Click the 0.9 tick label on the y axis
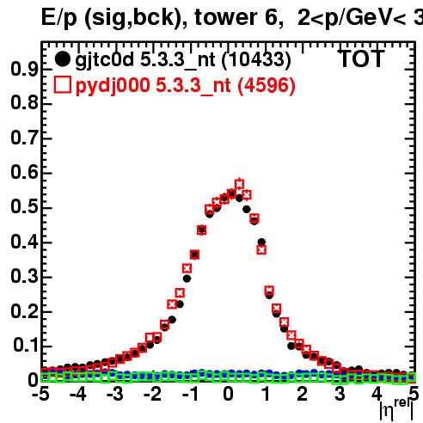pyautogui.click(x=24, y=69)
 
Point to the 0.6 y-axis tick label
pyautogui.click(x=24, y=173)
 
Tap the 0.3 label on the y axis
pyautogui.click(x=24, y=276)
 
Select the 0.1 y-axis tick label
pyautogui.click(x=26, y=346)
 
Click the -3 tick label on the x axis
pyautogui.click(x=114, y=394)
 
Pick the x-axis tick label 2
pyautogui.click(x=302, y=394)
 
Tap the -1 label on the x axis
pyautogui.click(x=190, y=394)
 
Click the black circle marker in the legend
pyautogui.click(x=62, y=59)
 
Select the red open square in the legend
pyautogui.click(x=62, y=85)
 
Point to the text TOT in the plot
pyautogui.click(x=362, y=59)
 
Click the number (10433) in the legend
pyautogui.click(x=256, y=59)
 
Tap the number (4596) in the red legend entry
pyautogui.click(x=267, y=85)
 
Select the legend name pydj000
pyautogui.click(x=113, y=86)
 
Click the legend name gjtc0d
pyautogui.click(x=105, y=60)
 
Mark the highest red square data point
pyautogui.click(x=239, y=184)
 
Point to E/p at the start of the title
pyautogui.click(x=59, y=18)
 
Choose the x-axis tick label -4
pyautogui.click(x=78, y=394)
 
